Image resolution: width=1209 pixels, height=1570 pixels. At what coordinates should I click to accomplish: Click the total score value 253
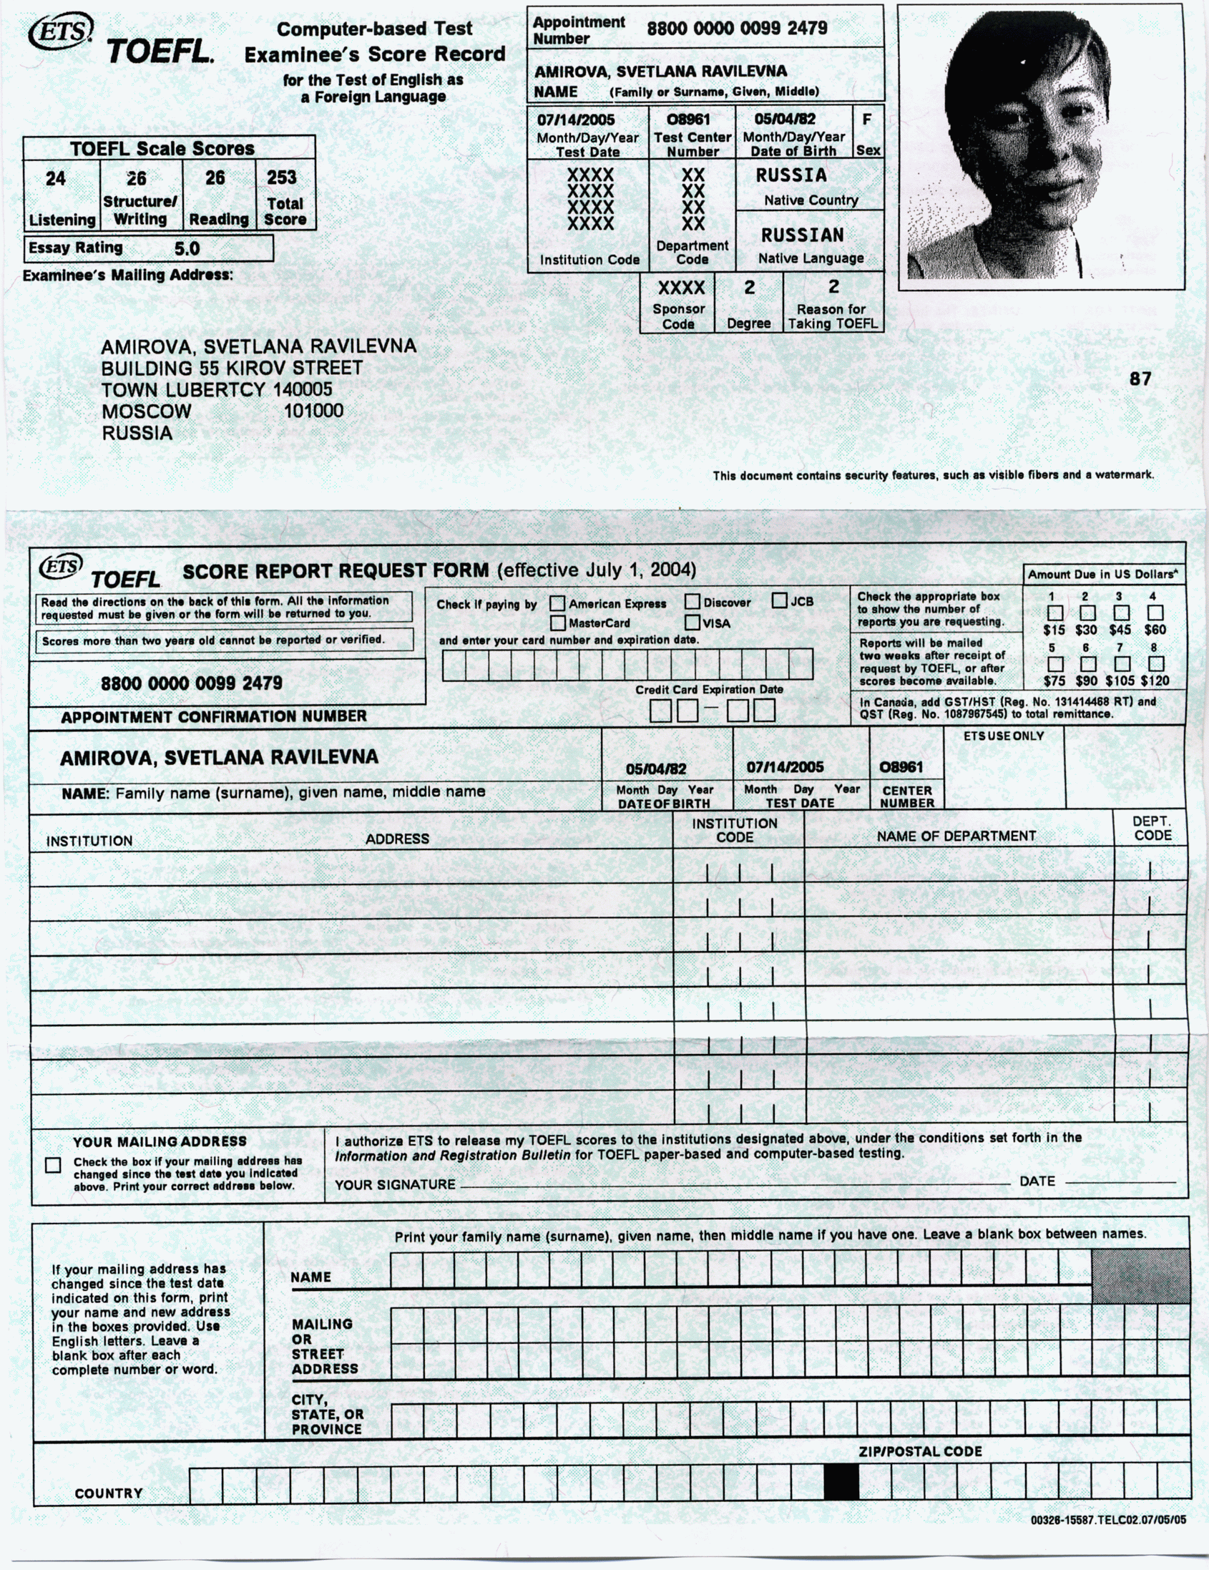click(281, 177)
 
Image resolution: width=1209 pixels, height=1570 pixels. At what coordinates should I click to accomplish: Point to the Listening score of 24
click(55, 179)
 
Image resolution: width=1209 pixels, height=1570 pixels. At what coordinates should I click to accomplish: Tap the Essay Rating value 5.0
click(187, 249)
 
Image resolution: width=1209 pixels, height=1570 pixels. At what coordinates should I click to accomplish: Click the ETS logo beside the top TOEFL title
click(60, 32)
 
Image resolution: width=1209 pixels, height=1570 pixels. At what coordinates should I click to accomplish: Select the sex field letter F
click(866, 120)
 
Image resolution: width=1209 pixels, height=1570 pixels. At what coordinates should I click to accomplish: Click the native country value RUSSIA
click(790, 175)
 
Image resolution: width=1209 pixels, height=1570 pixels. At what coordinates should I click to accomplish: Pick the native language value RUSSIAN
click(802, 235)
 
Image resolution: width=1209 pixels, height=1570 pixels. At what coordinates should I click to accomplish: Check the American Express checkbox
click(557, 604)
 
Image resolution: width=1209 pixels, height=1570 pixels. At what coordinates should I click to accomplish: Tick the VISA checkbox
click(692, 623)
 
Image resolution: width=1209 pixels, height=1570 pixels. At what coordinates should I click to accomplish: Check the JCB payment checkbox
click(779, 601)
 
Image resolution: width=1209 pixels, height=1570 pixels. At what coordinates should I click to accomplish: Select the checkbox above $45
click(1120, 613)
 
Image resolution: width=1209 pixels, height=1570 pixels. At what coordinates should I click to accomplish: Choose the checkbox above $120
click(1156, 663)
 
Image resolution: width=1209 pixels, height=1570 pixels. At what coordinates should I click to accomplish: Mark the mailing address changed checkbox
click(53, 1165)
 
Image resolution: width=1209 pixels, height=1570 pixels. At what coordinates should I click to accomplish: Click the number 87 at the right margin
click(1140, 379)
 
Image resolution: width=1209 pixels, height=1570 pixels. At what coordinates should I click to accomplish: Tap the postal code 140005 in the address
click(302, 389)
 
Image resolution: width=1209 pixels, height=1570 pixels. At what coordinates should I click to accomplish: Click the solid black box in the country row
click(841, 1481)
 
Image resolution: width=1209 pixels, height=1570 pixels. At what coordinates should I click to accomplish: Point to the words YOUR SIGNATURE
click(395, 1185)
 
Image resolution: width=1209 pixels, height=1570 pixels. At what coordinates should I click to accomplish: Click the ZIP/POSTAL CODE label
click(920, 1451)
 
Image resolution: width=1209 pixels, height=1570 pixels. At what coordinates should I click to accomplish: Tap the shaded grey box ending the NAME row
click(1140, 1275)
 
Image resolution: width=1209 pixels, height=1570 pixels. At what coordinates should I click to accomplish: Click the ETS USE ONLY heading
click(1004, 736)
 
